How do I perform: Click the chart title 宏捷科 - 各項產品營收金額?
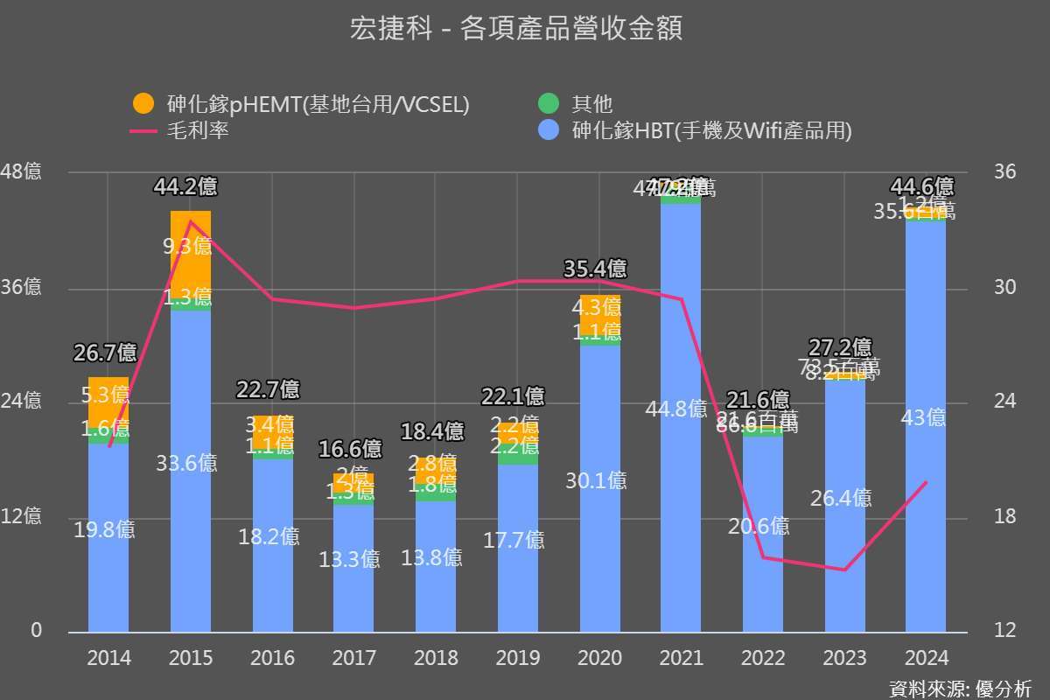[515, 30]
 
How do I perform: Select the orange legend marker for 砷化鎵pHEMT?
[143, 104]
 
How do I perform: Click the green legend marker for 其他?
[548, 104]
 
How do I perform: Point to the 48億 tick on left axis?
[21, 171]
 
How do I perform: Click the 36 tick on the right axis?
[1005, 171]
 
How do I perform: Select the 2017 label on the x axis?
[354, 658]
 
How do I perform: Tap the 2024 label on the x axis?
[926, 658]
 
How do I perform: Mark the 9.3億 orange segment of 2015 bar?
[191, 247]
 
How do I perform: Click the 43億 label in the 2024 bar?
[924, 418]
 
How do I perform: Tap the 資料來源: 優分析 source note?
[960, 688]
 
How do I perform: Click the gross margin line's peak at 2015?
[191, 221]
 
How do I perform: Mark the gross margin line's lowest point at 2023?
[844, 570]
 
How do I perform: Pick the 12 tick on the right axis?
[1005, 631]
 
